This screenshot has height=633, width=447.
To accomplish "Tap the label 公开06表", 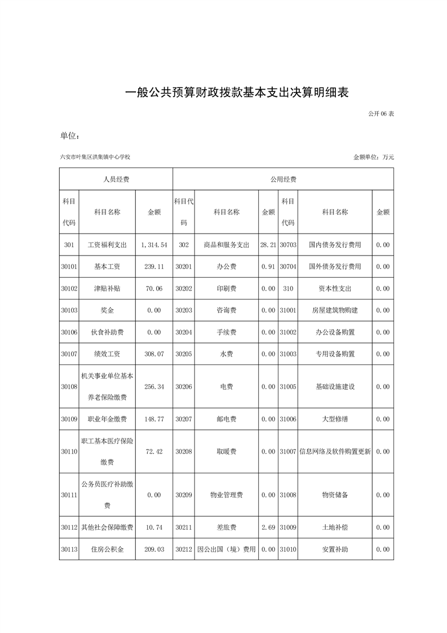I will [x=380, y=114].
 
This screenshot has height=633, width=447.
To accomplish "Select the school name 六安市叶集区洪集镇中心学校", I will [x=99, y=157].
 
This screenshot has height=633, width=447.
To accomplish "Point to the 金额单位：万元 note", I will [x=373, y=157].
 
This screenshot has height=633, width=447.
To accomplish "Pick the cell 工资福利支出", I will [x=107, y=245].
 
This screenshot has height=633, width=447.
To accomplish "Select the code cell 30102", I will [x=69, y=288].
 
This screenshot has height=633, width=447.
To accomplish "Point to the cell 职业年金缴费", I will [x=107, y=419].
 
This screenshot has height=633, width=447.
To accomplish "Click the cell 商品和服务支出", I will [x=226, y=245].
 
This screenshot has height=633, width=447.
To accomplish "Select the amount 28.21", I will [x=268, y=245].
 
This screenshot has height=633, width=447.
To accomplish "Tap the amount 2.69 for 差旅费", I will [x=268, y=527].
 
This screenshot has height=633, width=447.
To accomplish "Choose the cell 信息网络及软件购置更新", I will [x=335, y=451].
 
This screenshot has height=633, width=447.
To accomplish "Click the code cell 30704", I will [x=288, y=266].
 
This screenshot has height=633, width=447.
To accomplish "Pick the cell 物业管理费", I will [x=226, y=495].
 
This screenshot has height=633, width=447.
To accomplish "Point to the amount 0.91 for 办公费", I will [x=268, y=266].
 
